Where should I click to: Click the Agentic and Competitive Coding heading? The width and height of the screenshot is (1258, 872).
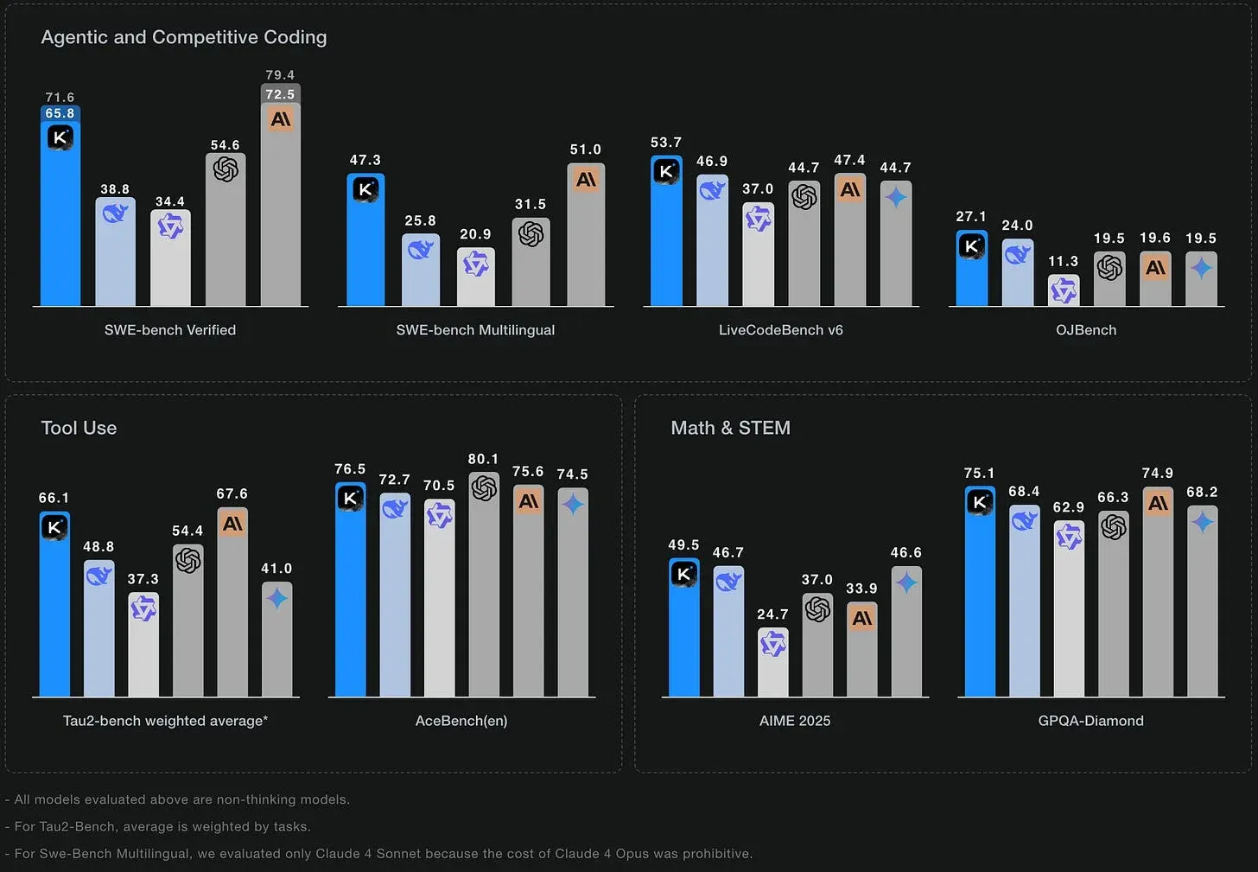point(184,37)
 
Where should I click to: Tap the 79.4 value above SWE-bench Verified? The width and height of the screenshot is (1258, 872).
point(280,74)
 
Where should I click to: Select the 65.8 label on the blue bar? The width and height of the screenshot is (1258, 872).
point(60,113)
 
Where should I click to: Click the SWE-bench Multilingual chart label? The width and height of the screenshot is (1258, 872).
point(475,330)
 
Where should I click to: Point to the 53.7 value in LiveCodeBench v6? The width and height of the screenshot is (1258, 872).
point(666,142)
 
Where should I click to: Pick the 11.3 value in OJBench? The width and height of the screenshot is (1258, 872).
point(1063,261)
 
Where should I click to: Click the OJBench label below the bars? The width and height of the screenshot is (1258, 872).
point(1086,330)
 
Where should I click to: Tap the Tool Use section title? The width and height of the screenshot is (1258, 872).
point(79,428)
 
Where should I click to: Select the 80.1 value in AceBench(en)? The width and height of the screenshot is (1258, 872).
point(483,459)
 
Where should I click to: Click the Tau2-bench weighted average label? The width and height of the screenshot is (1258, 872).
point(165,721)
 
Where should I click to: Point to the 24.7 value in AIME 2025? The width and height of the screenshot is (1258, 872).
point(772,614)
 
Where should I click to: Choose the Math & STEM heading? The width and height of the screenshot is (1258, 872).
point(731,428)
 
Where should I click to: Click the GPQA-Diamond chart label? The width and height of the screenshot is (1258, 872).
point(1090,721)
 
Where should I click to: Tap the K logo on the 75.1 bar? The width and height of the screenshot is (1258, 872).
point(980,502)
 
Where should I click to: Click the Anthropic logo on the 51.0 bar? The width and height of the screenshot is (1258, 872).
point(586,180)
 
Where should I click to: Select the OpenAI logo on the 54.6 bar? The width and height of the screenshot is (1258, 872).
point(226,169)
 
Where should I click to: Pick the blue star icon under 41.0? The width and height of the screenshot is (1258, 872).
point(276,599)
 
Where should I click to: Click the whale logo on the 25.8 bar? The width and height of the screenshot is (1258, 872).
point(421,249)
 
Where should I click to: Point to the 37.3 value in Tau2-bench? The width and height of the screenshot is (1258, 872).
point(143,579)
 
